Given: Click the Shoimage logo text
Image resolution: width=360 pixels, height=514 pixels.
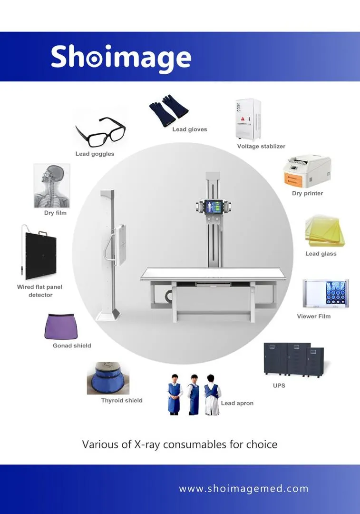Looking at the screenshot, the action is (121, 58).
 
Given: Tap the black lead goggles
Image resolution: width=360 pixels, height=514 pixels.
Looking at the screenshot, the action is (100, 132).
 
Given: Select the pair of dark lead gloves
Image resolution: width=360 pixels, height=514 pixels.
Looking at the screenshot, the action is (169, 110).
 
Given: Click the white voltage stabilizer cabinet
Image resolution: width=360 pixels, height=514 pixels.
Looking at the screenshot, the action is (248, 119).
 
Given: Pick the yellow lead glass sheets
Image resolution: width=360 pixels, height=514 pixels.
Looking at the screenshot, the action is (325, 231).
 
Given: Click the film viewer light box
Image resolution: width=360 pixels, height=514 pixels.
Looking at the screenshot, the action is (326, 293).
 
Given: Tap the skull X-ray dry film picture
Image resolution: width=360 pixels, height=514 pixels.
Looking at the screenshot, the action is (52, 186).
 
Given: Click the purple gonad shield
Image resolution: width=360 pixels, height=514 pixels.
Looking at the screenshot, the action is (61, 326).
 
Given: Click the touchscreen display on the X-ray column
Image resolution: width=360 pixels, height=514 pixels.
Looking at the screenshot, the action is (214, 208).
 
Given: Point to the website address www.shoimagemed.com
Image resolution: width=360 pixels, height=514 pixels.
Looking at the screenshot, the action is (243, 489).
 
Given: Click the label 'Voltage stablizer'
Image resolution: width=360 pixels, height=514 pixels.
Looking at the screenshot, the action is (261, 146).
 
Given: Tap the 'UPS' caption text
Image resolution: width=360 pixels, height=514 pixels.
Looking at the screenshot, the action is (279, 385).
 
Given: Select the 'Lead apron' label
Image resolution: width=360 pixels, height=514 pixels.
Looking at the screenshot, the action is (237, 403).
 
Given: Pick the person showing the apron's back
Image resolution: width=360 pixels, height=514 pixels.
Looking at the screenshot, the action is (212, 395).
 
